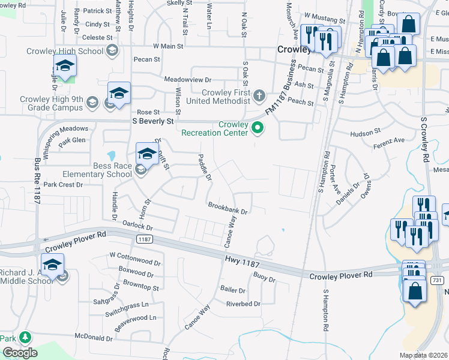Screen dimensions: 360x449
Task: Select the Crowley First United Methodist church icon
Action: (x=259, y=95)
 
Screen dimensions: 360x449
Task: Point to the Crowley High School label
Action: (x=65, y=51)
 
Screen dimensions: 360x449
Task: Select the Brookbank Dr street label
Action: (x=228, y=208)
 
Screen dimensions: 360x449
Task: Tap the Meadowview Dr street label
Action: (x=188, y=79)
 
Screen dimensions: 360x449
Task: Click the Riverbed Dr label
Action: (x=243, y=304)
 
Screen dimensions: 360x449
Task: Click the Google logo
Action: (x=20, y=352)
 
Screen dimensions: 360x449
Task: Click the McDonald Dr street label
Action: (x=90, y=337)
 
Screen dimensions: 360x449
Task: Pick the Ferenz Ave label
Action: (x=390, y=140)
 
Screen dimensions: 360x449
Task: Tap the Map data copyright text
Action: (x=424, y=355)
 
